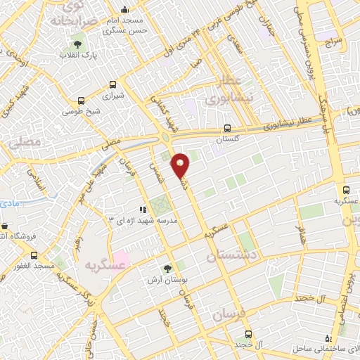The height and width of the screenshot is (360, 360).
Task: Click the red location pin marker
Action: pos(181,165)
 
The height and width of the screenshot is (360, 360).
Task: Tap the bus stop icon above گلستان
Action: pos(226,129)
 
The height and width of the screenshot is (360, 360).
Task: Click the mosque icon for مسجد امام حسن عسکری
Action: pos(124,9)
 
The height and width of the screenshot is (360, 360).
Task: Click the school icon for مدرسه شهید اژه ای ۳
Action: pos(143,210)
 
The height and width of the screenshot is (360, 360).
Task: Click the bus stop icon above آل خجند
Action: pos(247,334)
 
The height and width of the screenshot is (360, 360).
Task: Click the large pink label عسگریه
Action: pos(104,265)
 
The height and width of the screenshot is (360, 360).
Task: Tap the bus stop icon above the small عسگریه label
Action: pos(346,190)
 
